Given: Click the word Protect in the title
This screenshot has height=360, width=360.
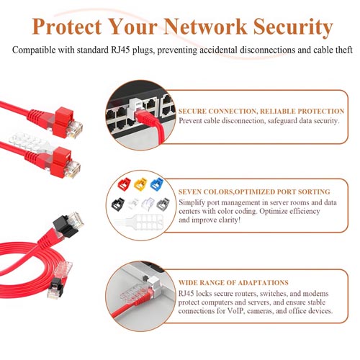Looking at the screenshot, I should point(68,27).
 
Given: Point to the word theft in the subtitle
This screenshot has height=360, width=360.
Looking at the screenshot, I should point(339,51).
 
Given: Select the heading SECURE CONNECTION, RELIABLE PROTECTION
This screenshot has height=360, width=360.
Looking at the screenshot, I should point(261,112).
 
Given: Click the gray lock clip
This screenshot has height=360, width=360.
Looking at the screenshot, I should point(161,204).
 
